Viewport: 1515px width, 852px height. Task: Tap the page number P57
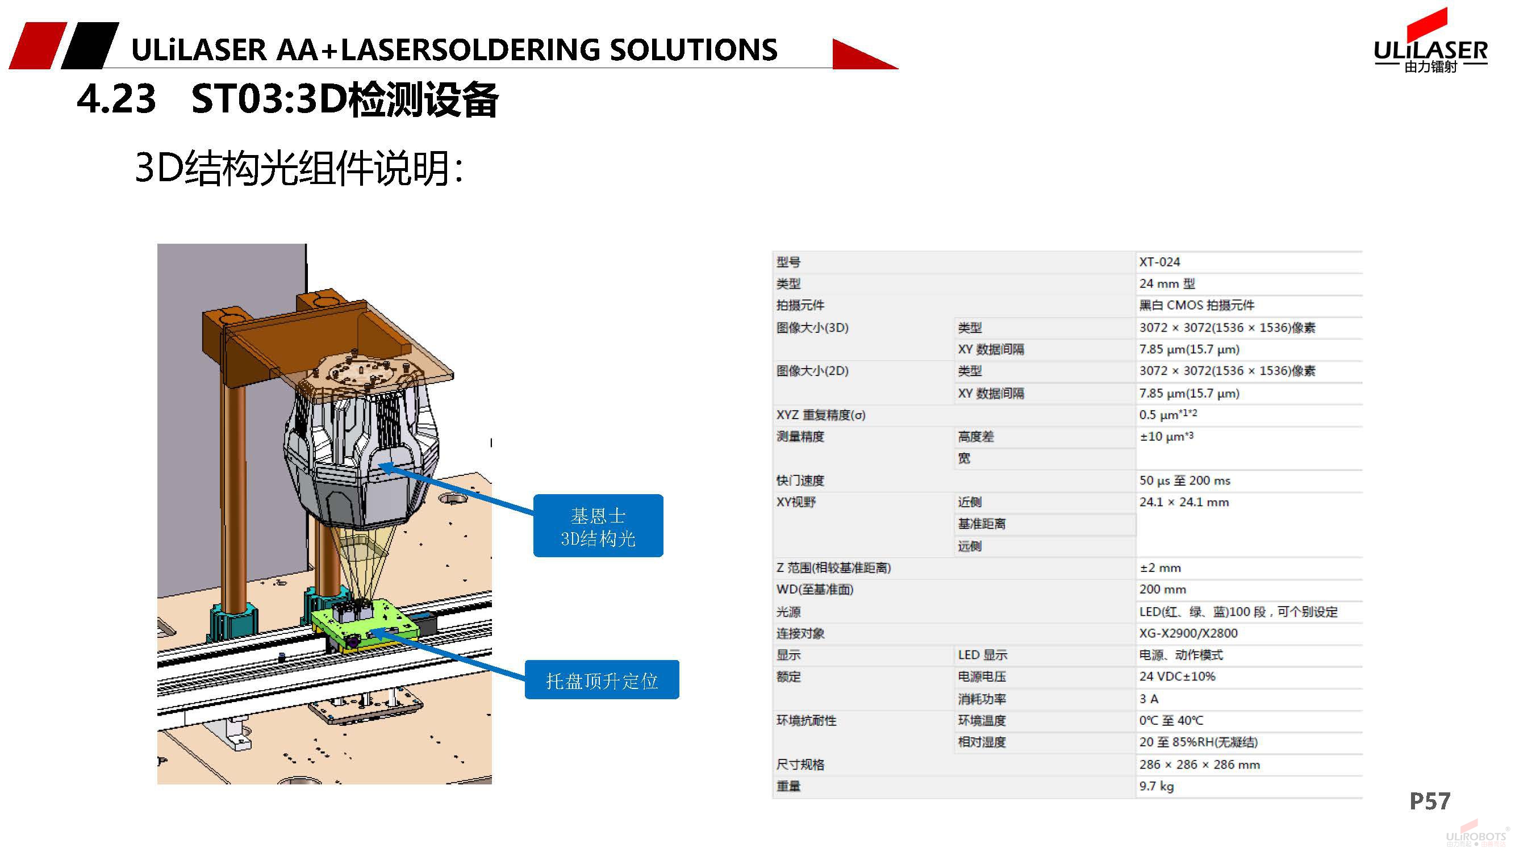click(1430, 801)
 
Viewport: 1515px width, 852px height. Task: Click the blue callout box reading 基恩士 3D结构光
click(598, 525)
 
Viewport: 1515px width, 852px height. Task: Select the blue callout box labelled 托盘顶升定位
click(601, 680)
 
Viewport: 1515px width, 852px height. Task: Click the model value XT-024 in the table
click(1159, 262)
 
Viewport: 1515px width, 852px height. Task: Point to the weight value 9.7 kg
click(1155, 786)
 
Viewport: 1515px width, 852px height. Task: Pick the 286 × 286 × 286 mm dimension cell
click(1199, 765)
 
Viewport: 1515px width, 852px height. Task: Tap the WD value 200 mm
click(1162, 589)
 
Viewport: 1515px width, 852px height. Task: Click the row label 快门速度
click(800, 481)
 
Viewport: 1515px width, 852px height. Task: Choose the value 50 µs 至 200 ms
click(1184, 481)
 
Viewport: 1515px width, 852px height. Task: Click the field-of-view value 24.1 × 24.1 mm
click(1183, 502)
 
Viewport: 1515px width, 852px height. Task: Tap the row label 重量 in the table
click(788, 786)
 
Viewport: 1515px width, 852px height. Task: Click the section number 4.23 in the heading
click(116, 99)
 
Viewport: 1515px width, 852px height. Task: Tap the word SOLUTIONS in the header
click(694, 49)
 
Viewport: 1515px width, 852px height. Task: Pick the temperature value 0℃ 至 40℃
click(1171, 720)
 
